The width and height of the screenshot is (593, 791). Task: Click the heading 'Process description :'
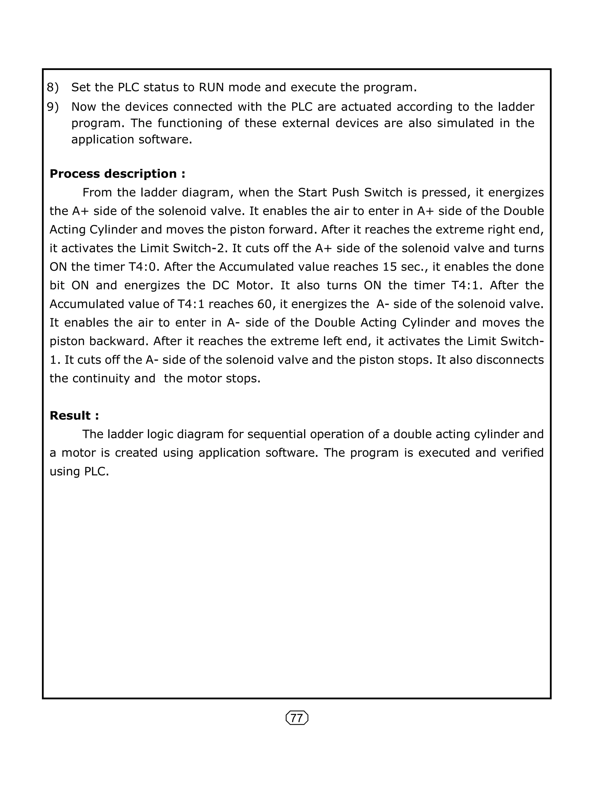(117, 174)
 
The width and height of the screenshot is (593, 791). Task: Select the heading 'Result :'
(74, 416)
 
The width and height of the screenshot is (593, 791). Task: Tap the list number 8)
(53, 87)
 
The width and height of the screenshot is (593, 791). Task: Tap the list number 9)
(53, 107)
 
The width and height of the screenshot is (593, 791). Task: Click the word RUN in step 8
(211, 87)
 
